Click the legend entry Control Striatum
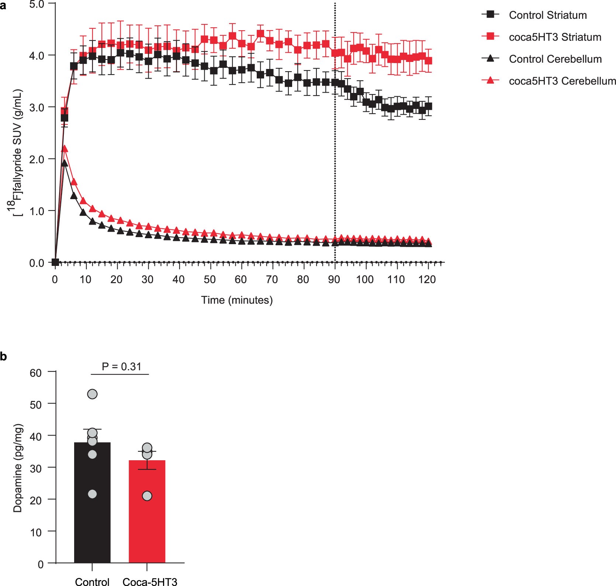(x=547, y=15)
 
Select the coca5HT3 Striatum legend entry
(x=555, y=37)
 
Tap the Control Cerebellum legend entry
(x=555, y=59)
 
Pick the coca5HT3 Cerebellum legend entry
(x=562, y=81)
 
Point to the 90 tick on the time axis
(x=334, y=280)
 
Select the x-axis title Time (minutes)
(x=237, y=300)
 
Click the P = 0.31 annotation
(x=121, y=366)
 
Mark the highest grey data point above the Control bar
(x=92, y=394)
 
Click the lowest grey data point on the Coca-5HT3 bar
(x=147, y=496)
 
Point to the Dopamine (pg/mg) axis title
(x=17, y=468)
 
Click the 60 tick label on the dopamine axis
(x=36, y=373)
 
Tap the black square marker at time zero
(x=55, y=262)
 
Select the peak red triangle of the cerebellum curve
(x=64, y=149)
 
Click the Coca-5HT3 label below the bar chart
(x=149, y=582)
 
